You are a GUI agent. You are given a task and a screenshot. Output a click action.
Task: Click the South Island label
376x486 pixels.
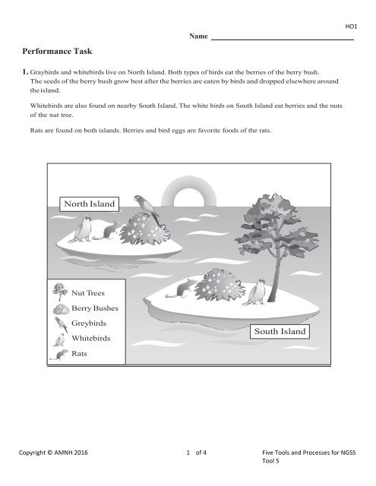[x=280, y=332]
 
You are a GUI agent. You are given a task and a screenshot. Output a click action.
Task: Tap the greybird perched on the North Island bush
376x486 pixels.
[x=144, y=207]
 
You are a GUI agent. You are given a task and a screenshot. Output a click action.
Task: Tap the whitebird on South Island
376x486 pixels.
[x=261, y=289]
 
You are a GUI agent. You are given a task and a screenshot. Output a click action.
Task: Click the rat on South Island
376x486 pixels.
[x=185, y=288]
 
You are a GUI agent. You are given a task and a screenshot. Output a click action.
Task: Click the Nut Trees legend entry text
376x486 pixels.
[x=88, y=291]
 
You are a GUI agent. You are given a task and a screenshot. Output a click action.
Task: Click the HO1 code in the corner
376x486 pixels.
[x=351, y=26]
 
